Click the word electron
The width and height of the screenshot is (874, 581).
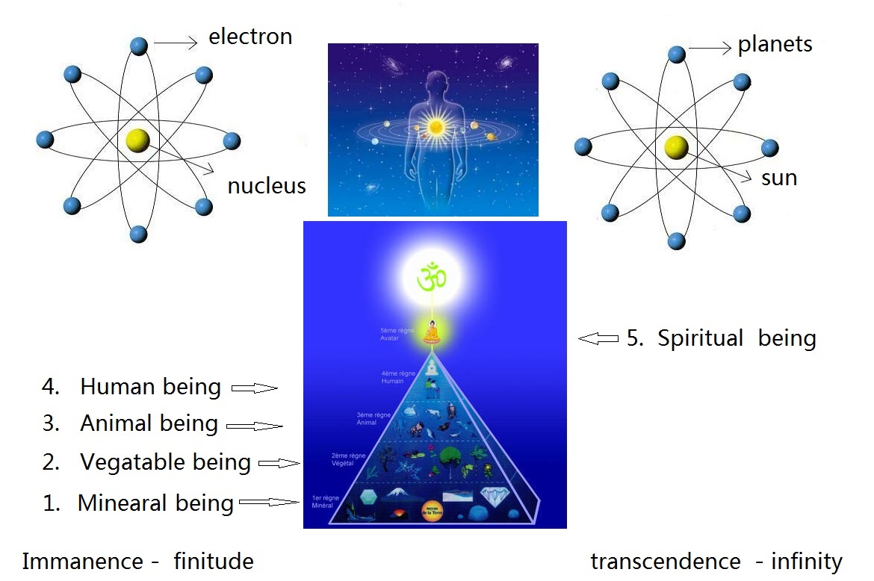(x=250, y=37)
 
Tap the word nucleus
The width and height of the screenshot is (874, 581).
(x=267, y=185)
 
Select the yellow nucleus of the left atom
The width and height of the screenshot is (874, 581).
(x=138, y=140)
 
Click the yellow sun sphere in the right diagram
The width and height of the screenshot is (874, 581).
(x=676, y=147)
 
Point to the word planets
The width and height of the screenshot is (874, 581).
(x=775, y=45)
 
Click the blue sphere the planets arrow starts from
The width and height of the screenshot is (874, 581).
(x=676, y=55)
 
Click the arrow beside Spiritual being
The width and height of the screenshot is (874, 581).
(x=598, y=339)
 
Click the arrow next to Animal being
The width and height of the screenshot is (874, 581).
(x=254, y=426)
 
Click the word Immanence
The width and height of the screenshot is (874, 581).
(x=82, y=561)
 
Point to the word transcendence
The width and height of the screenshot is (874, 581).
(x=661, y=561)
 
